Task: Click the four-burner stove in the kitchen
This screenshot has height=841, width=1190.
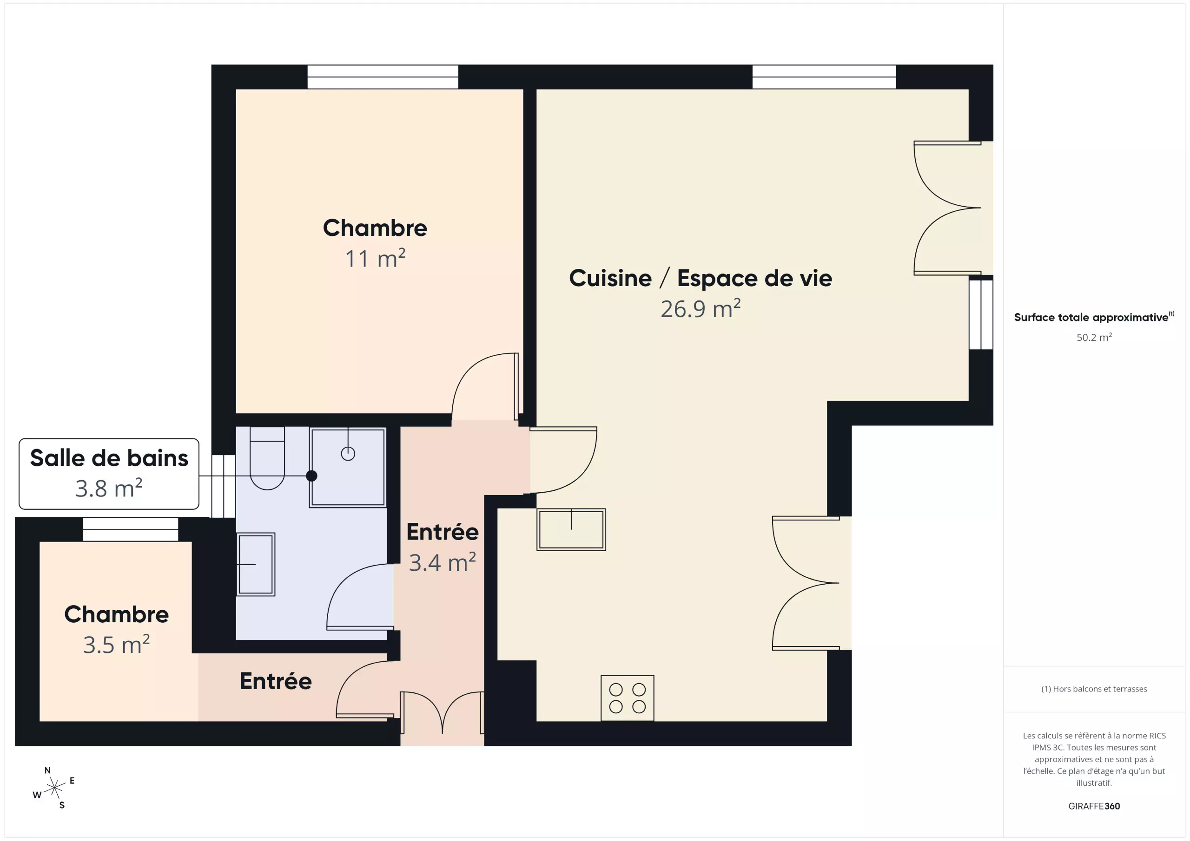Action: coord(627,698)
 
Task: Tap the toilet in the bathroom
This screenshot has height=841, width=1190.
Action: coord(267,458)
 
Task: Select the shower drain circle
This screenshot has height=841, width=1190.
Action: coord(348,454)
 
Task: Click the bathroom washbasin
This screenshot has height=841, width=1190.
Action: coord(256,564)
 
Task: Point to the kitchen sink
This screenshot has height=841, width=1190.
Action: coord(571,529)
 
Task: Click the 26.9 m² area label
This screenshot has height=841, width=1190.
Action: coord(701,309)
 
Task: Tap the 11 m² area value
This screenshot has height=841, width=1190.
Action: coord(375,258)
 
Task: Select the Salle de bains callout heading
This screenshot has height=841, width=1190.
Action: coord(109,458)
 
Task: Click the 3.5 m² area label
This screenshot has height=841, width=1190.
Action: coord(117,644)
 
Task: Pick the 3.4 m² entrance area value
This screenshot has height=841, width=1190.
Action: coord(443,562)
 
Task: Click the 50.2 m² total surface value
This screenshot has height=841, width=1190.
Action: coord(1094,337)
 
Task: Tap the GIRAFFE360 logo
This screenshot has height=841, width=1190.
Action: coord(1094,806)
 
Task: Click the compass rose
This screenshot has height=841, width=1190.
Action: coord(54,788)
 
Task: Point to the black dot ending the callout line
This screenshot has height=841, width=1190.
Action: coord(311,476)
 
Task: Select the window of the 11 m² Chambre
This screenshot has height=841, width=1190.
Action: coord(383,77)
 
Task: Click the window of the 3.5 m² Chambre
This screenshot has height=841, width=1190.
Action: coord(131,529)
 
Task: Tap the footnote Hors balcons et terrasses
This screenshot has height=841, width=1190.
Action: coord(1094,689)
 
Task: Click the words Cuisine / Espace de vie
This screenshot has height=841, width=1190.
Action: coord(701,278)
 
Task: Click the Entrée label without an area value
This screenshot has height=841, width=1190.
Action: coord(276,681)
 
